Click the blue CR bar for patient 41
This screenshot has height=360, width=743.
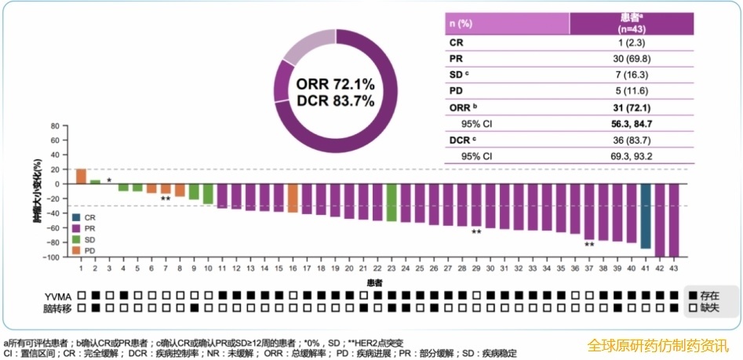pos(646,216)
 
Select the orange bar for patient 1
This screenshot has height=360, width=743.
pos(81,176)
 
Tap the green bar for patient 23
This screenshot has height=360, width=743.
pos(392,202)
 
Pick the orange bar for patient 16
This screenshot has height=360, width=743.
pos(293,198)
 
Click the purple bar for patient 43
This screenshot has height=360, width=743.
pos(674,220)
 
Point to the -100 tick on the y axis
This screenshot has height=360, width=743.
pos(55,257)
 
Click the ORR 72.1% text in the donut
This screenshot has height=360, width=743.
pos(336,83)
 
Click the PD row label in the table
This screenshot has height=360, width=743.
pos(456,90)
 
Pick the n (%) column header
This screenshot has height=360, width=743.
pos(461,24)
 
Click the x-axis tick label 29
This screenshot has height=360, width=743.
pos(476,268)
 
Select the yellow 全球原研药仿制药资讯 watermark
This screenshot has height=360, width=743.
pos(659,346)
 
